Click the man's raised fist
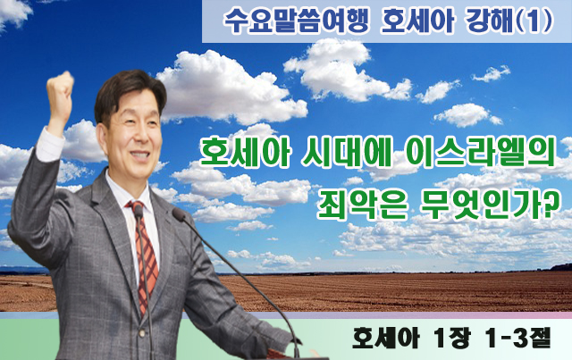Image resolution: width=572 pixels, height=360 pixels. pos(60,92)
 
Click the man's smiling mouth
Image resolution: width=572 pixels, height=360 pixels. pos(139,155)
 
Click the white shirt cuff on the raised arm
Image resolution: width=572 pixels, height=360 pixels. pos(50,144)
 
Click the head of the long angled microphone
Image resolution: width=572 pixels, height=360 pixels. pos(179,214)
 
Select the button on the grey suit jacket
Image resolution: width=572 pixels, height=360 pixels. pos(141,332)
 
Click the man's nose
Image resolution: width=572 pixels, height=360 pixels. pos(144,136)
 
